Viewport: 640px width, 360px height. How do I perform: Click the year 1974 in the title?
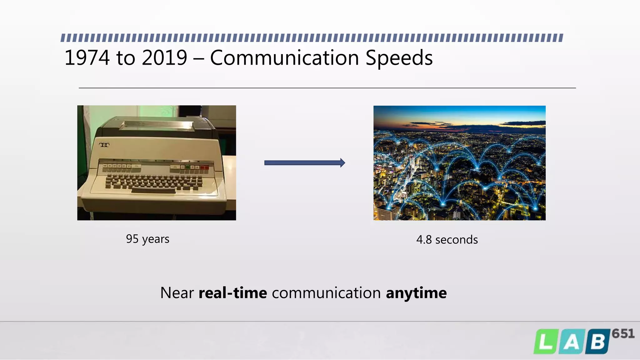coord(87,58)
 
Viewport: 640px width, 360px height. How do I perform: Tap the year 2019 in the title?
coord(164,58)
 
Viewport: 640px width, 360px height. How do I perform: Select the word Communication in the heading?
coord(284,58)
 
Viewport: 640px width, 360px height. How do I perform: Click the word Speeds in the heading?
coord(399,58)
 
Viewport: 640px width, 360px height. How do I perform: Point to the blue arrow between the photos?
coord(304,162)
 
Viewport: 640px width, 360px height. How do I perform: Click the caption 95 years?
coord(147,239)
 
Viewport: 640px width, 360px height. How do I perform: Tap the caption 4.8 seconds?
coord(447,240)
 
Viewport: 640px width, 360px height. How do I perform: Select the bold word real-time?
coord(233,293)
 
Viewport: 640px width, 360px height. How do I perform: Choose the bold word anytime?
coord(416,293)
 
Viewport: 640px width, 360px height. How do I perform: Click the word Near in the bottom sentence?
coord(177,293)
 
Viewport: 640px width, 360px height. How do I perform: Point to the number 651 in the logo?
coord(623,334)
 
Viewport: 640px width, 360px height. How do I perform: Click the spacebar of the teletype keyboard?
coord(153,191)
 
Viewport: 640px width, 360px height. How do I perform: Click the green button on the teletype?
coord(187,167)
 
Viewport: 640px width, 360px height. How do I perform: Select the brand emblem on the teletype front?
coord(104,145)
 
